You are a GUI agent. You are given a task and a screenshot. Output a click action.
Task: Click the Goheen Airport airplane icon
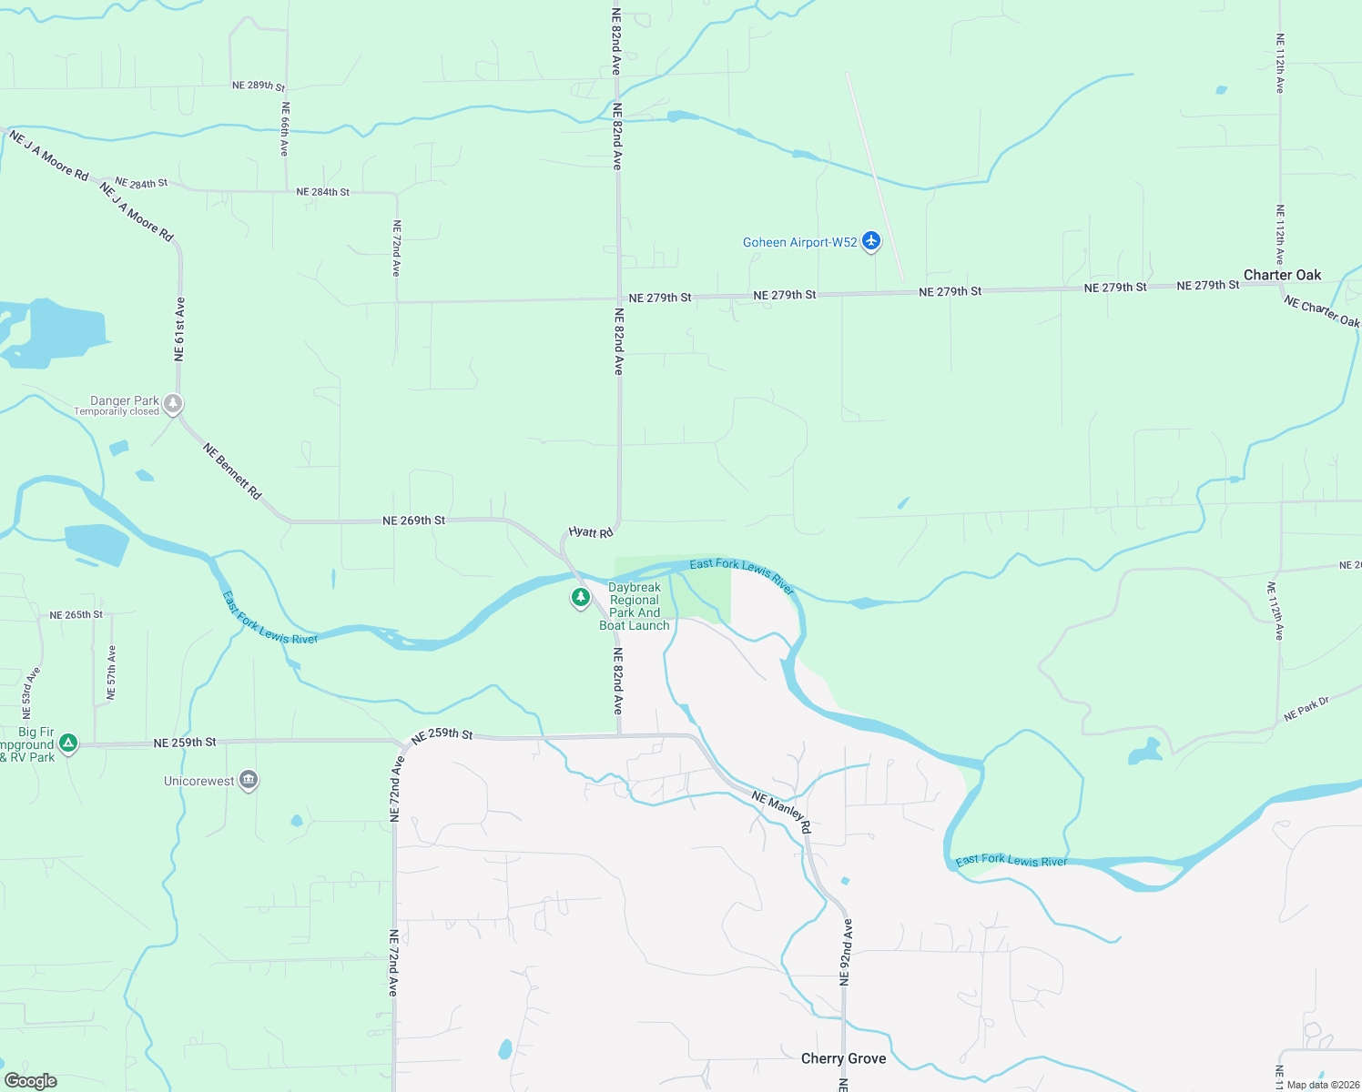click(x=871, y=241)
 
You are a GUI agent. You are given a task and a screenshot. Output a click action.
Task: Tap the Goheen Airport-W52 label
click(x=799, y=242)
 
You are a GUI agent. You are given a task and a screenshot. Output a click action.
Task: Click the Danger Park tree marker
click(x=173, y=403)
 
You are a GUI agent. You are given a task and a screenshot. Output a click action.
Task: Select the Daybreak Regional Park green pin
click(x=580, y=597)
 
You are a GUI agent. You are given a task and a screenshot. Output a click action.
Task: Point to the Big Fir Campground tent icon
click(x=67, y=743)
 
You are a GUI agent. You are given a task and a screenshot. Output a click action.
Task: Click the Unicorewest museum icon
click(x=249, y=780)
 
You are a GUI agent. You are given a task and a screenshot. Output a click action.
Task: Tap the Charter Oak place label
click(x=1282, y=275)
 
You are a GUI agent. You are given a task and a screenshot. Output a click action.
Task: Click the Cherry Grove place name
click(x=843, y=1058)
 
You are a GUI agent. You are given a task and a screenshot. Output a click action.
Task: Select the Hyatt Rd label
click(x=591, y=531)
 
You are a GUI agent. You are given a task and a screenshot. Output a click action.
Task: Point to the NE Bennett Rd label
click(x=232, y=470)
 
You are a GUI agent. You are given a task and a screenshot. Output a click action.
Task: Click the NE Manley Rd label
click(x=781, y=812)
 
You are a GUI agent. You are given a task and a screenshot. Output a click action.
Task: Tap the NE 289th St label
click(x=258, y=86)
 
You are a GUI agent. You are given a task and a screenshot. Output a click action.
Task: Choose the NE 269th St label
click(x=413, y=521)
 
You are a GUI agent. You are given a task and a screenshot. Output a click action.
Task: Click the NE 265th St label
click(x=76, y=615)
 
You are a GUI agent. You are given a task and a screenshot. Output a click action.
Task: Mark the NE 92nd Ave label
click(x=846, y=952)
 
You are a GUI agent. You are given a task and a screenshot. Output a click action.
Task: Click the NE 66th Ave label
click(x=285, y=128)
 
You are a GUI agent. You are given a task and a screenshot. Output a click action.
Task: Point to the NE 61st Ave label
click(x=180, y=329)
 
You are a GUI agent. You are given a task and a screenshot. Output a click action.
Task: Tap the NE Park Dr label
click(x=1306, y=710)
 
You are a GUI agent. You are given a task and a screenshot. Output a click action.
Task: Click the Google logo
click(x=31, y=1080)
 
